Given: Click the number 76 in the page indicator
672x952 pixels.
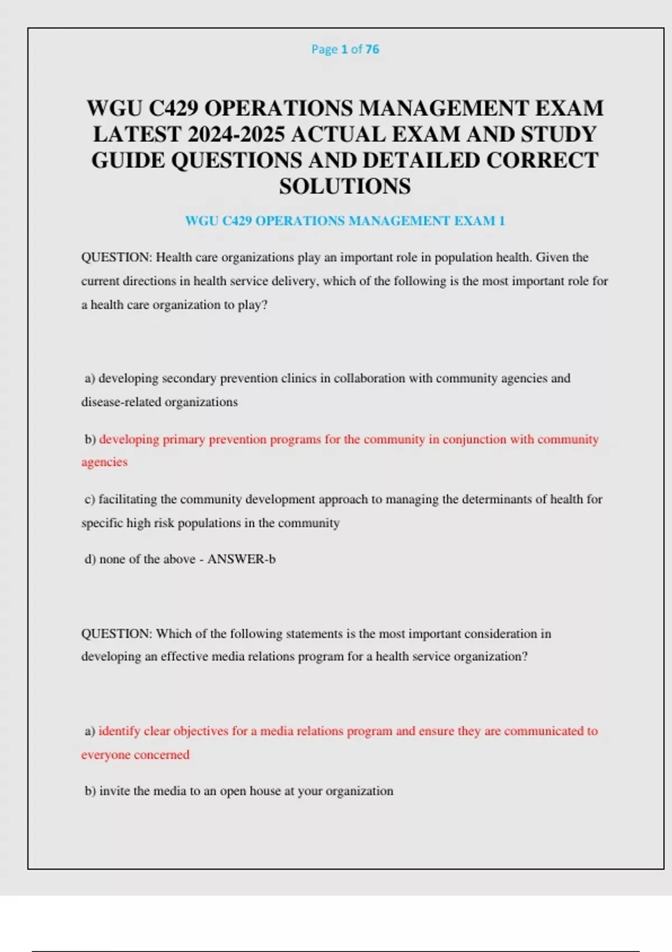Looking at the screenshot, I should [x=372, y=49].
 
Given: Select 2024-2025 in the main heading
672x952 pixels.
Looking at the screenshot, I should [x=236, y=134].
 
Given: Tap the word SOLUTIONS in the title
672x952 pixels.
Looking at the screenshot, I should [x=345, y=186].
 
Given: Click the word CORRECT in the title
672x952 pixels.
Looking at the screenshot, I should [x=542, y=161].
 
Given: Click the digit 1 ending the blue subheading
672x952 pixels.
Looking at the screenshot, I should [x=502, y=221].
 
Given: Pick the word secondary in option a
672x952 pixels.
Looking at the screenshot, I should [x=189, y=379].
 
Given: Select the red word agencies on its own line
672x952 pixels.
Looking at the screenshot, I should [x=104, y=463].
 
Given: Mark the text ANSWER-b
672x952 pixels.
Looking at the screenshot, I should [x=241, y=559].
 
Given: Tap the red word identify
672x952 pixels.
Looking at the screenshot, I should [x=119, y=731].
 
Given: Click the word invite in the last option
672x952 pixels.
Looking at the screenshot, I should [x=114, y=791].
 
